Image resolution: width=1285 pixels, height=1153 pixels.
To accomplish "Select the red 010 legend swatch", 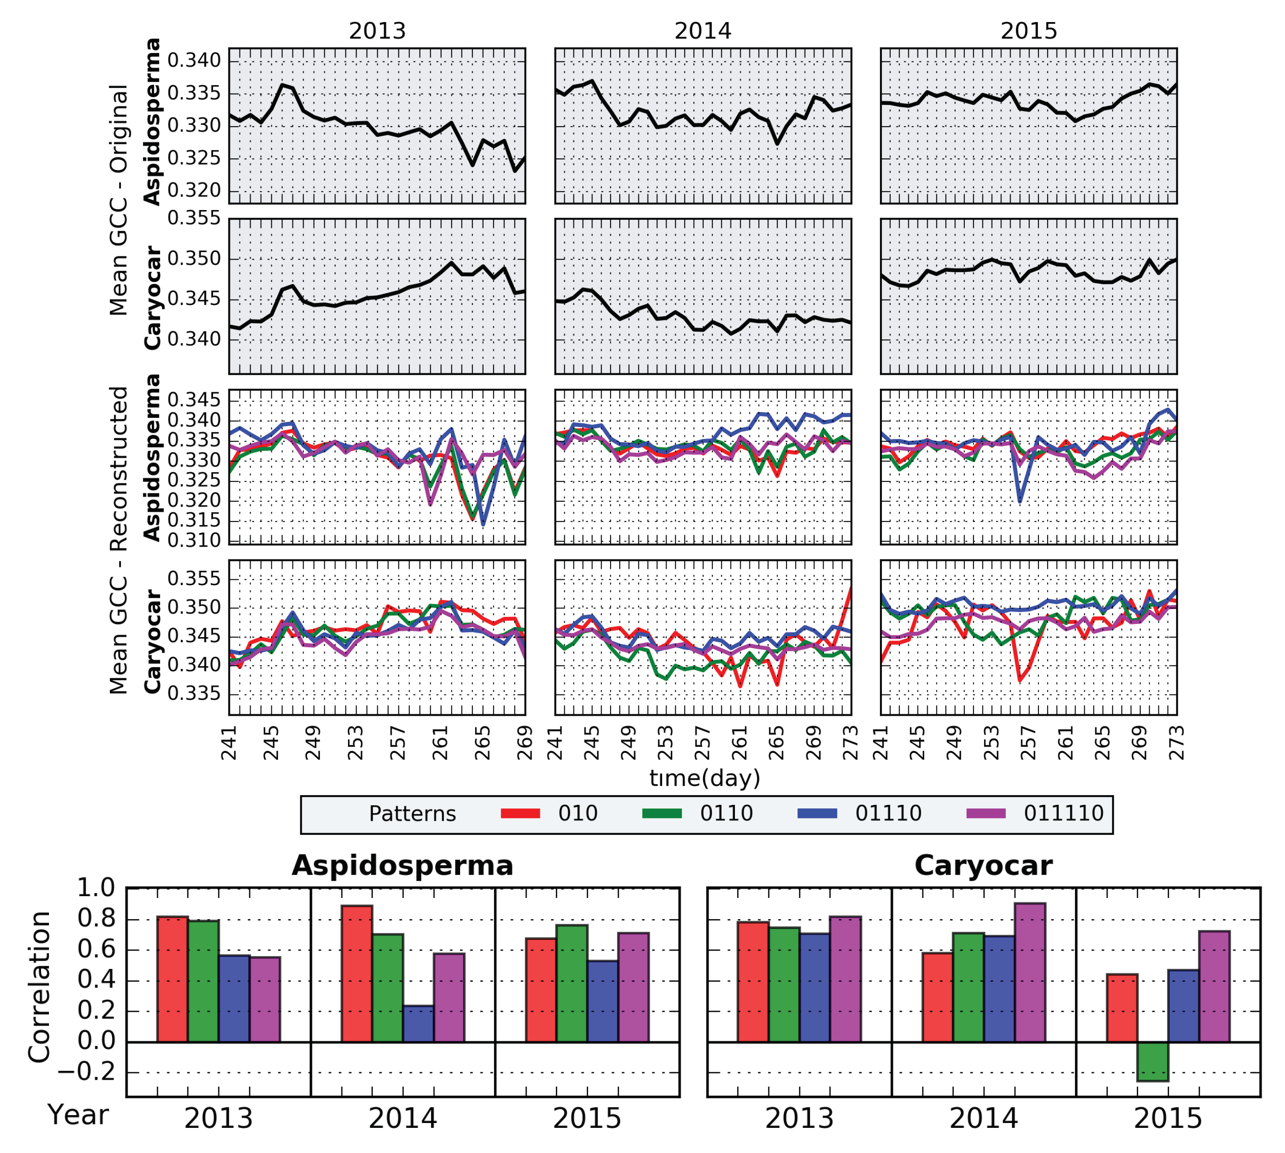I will [520, 813].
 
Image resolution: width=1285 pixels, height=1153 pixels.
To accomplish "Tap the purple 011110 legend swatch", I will [986, 813].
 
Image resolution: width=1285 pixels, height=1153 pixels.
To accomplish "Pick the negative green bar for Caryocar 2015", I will [1152, 1061].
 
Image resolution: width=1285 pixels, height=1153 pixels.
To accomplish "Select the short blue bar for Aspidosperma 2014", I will [418, 1023].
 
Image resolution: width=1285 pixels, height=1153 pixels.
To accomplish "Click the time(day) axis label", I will [704, 778].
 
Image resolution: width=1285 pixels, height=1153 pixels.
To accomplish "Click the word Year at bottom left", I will [78, 1115].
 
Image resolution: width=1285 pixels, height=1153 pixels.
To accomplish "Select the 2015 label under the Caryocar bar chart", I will [1167, 1119].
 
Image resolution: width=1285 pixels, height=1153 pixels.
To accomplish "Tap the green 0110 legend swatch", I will [662, 813].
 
